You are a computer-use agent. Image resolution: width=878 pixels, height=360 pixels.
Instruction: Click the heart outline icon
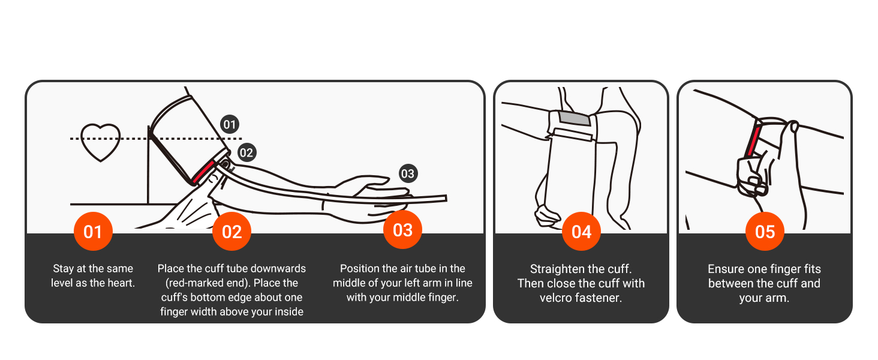100,142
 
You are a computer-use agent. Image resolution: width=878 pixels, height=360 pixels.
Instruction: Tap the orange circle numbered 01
92,232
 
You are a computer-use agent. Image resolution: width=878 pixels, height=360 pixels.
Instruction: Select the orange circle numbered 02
231,232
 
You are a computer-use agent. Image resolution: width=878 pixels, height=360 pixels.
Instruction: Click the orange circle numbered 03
402,230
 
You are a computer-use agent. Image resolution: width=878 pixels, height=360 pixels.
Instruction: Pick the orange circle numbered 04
581,232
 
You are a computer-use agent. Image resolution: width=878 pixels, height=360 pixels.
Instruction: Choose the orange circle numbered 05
765,232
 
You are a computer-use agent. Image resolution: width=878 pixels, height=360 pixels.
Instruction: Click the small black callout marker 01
229,125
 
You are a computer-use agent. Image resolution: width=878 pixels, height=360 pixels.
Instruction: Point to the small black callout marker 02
246,152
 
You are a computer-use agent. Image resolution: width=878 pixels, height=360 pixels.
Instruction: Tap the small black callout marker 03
408,174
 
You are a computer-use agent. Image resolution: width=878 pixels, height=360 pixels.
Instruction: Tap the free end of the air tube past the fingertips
441,199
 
